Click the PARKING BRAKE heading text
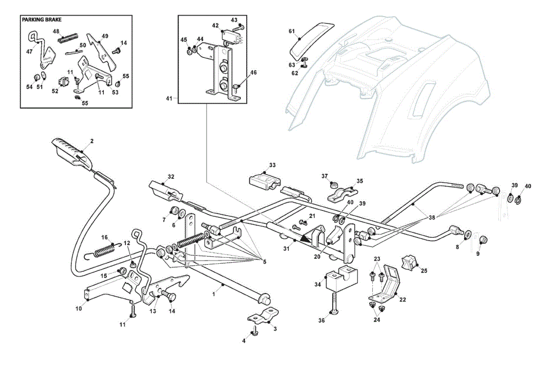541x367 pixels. pyautogui.click(x=42, y=19)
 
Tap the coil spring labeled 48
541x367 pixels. pyautogui.click(x=69, y=38)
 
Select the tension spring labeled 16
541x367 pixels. pyautogui.click(x=102, y=251)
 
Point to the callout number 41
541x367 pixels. pyautogui.click(x=169, y=98)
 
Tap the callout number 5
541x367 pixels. pyautogui.click(x=265, y=262)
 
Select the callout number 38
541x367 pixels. pyautogui.click(x=432, y=217)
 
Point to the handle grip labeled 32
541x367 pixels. pyautogui.click(x=166, y=191)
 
